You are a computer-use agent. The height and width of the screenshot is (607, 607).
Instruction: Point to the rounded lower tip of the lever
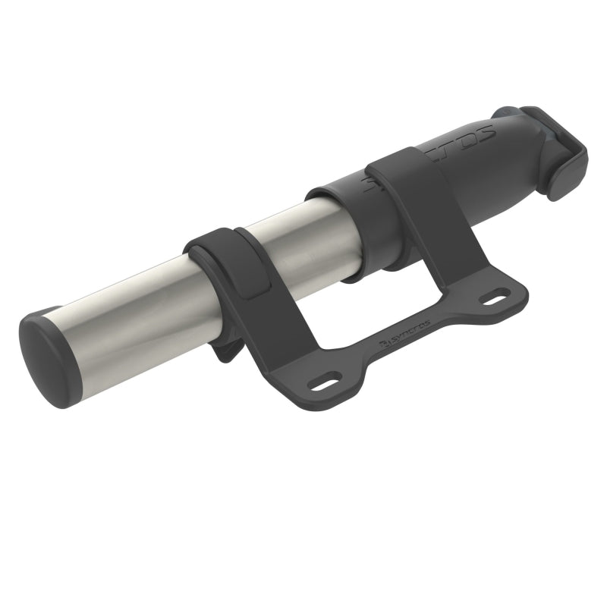coord(568,190)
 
